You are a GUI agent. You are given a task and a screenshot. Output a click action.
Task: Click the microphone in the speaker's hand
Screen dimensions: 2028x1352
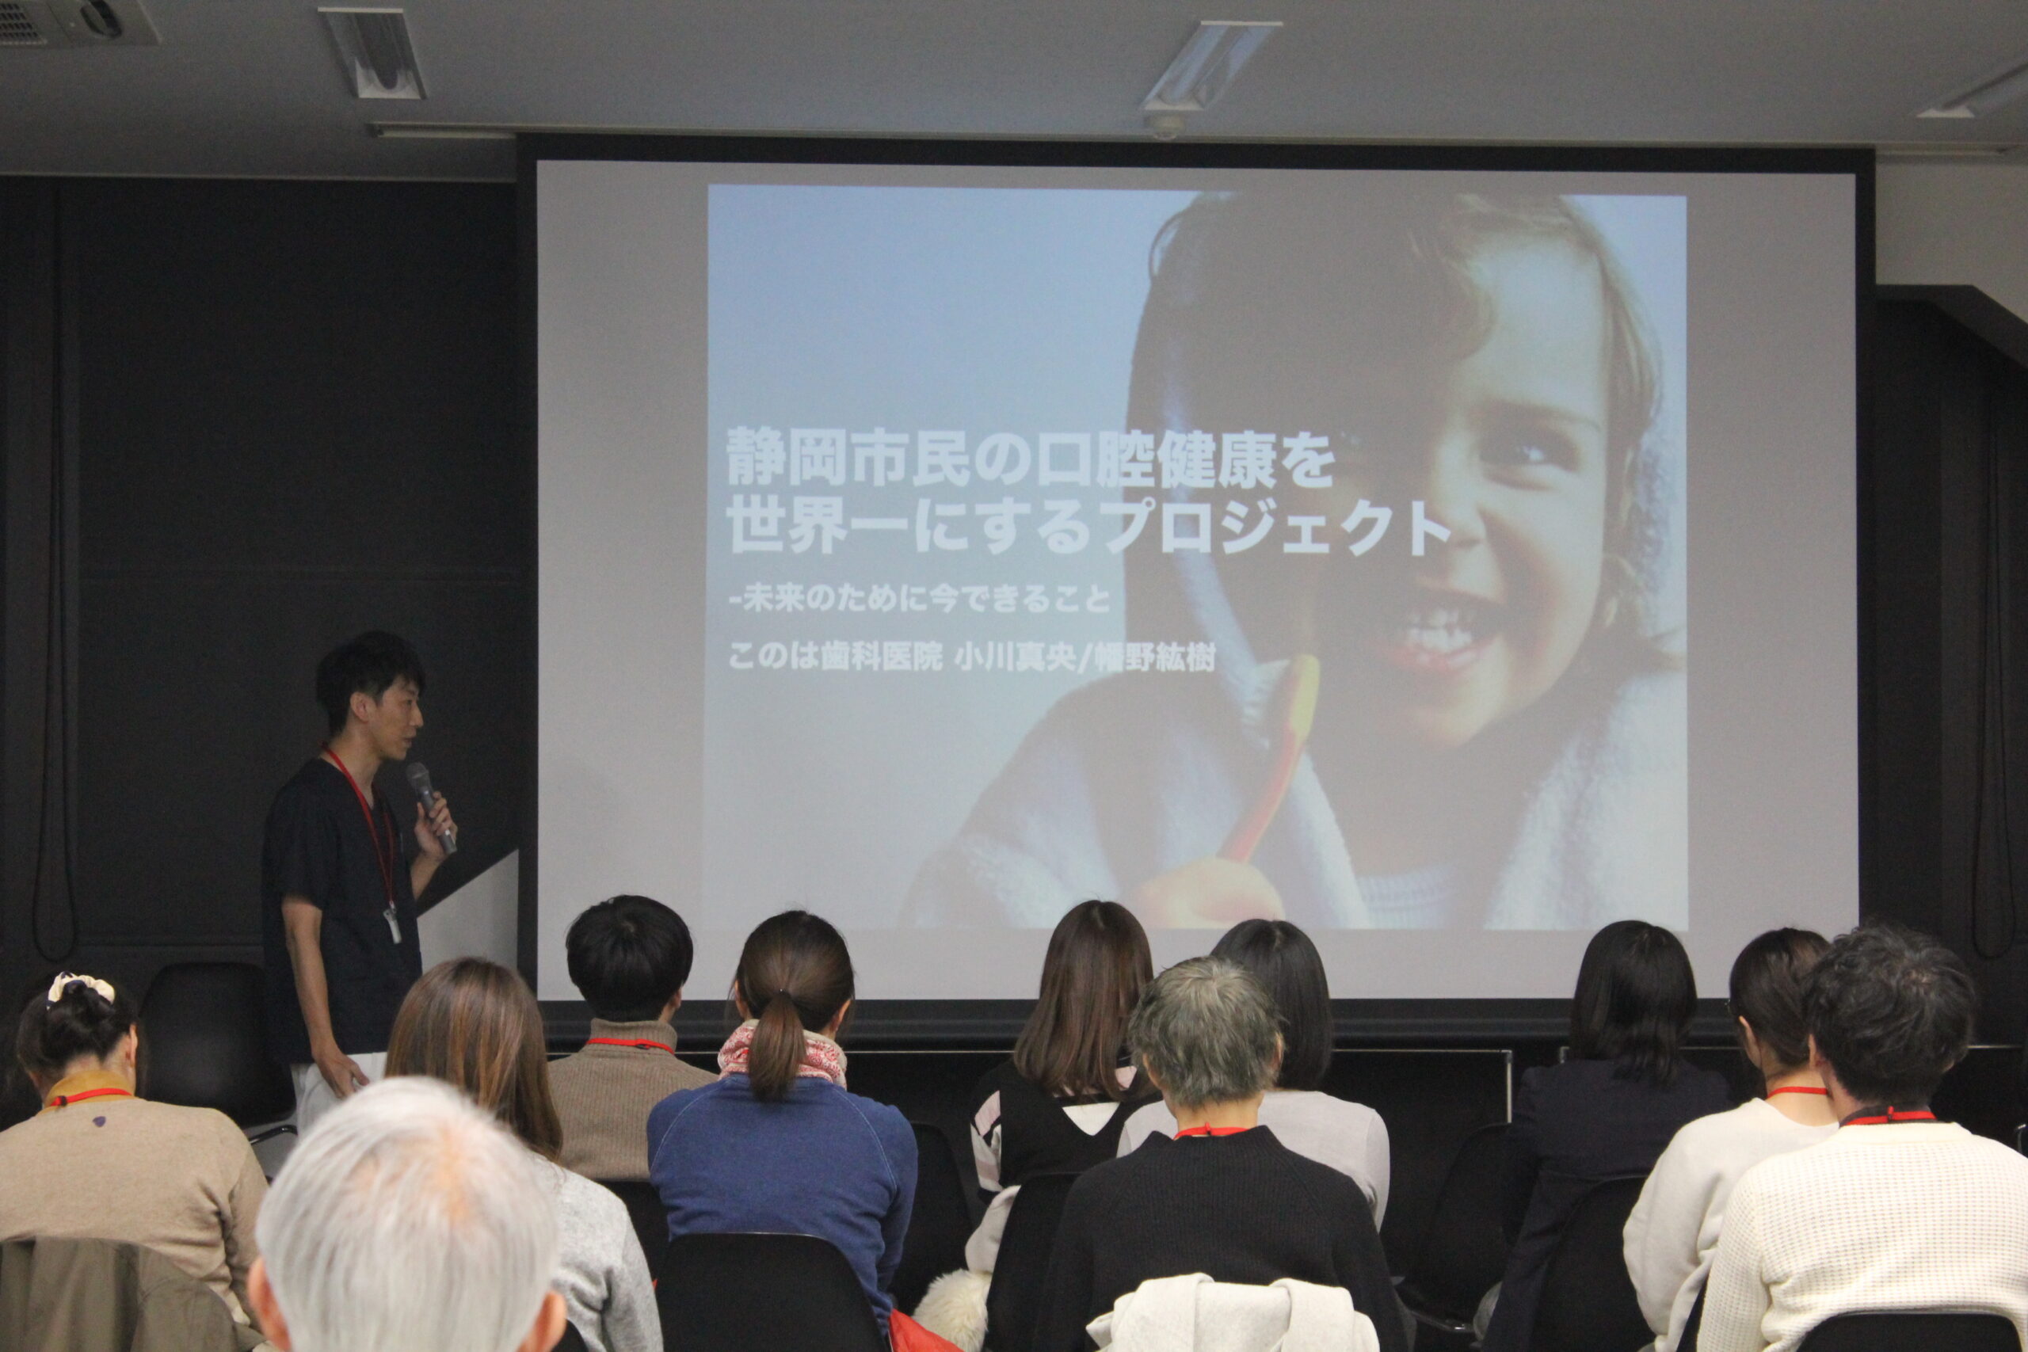[x=430, y=806]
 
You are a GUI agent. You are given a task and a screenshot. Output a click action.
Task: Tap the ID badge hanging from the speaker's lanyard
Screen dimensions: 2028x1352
[x=393, y=924]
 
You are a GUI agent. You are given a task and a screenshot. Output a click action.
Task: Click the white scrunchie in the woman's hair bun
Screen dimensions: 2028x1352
[x=80, y=988]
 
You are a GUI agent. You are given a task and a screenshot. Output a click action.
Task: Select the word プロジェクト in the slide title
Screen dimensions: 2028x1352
[x=1276, y=527]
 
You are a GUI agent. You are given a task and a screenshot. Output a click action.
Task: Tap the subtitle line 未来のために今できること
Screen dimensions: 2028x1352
[x=926, y=599]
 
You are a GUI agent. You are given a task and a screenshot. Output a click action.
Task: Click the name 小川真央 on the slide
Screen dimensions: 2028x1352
[x=1014, y=658]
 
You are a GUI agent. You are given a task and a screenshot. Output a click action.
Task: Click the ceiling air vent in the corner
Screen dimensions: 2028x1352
[x=79, y=21]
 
